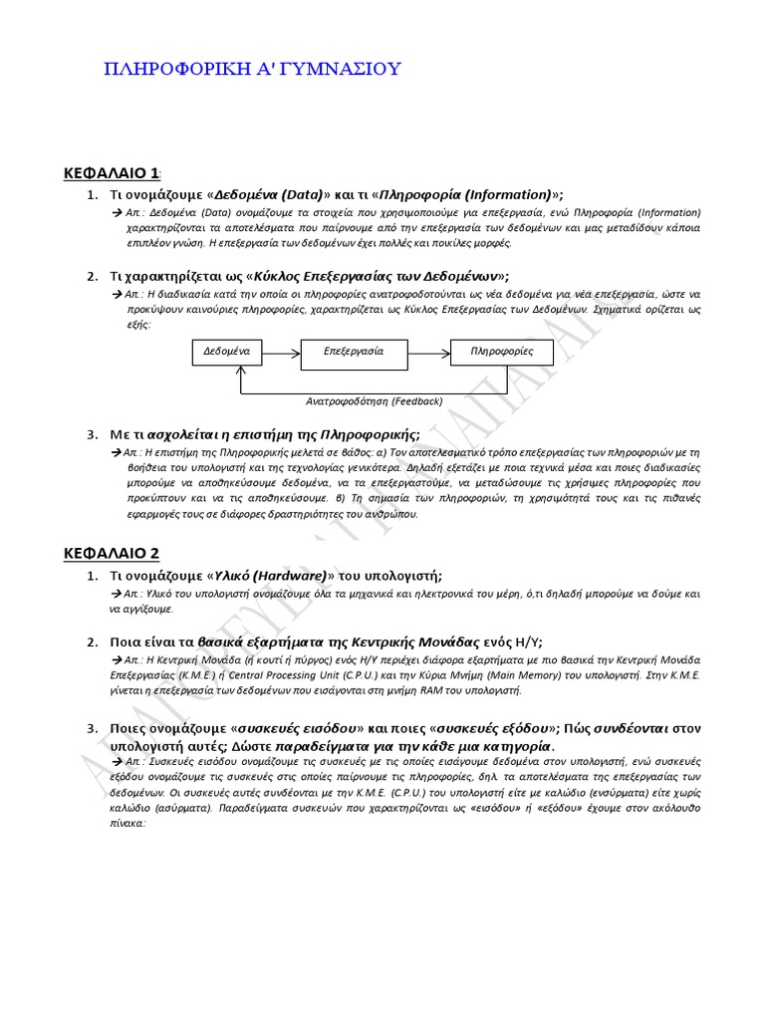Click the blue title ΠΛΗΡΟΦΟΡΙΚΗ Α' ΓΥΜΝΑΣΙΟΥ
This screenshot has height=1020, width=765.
[253, 69]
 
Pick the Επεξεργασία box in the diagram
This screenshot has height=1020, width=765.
[354, 352]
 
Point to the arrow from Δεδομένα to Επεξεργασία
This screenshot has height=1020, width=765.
[281, 353]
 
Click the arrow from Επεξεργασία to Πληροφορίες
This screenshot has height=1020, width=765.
[430, 353]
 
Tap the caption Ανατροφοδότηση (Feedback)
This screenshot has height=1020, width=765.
[374, 400]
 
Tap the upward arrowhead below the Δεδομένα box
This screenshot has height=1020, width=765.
[240, 370]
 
